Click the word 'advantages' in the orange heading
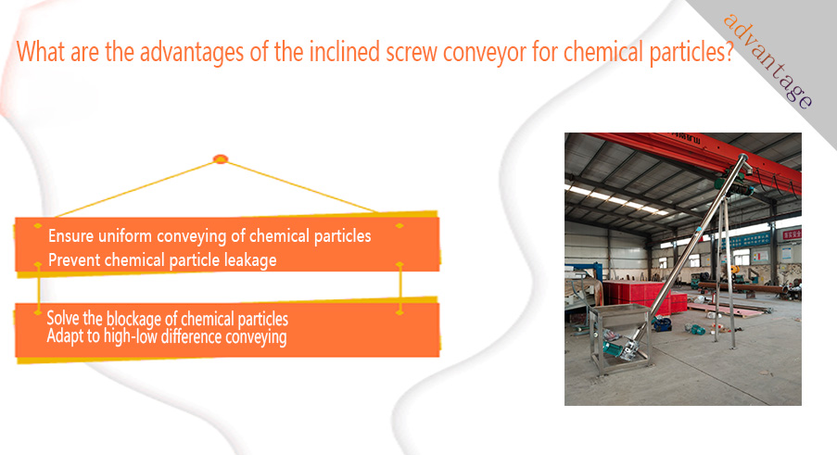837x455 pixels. point(192,52)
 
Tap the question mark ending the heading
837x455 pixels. point(729,52)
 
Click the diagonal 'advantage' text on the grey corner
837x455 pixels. point(767,61)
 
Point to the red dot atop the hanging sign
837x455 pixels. point(221,159)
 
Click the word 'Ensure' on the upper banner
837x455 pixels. point(71,235)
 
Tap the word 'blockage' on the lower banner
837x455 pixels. point(133,319)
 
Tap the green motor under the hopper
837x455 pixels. point(615,350)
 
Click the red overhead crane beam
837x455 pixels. point(694,155)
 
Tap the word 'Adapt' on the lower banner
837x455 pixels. point(63,336)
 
